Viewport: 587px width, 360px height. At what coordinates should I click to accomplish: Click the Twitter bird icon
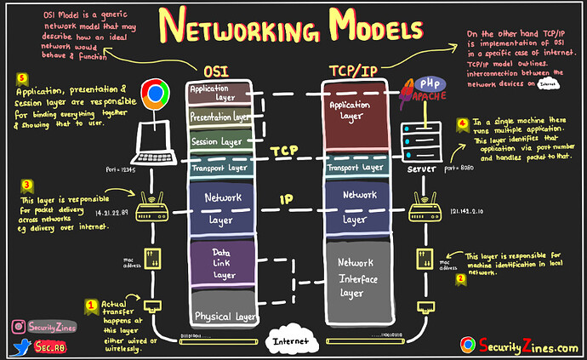(20, 346)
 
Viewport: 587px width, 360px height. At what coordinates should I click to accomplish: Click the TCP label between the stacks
(284, 150)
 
